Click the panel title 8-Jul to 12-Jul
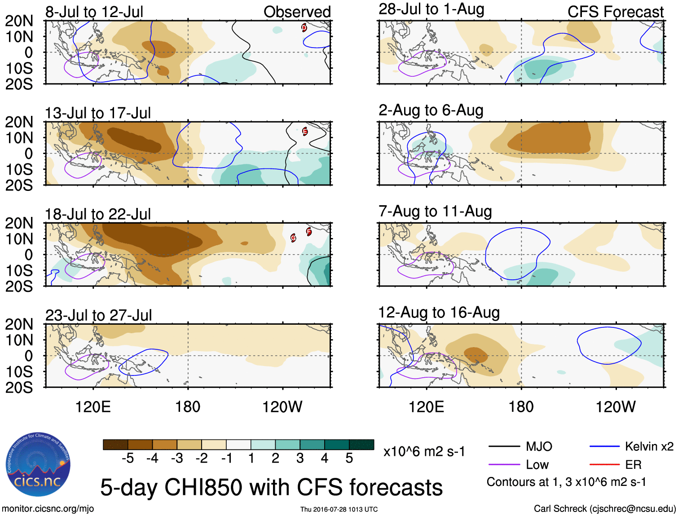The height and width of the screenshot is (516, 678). tap(94, 12)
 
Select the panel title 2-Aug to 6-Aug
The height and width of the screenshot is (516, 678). tap(431, 110)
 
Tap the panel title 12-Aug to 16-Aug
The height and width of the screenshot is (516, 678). tap(439, 313)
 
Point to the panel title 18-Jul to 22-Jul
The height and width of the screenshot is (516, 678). tap(98, 214)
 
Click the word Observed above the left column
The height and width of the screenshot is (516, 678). tap(297, 12)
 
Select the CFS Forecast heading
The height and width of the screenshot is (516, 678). tap(615, 12)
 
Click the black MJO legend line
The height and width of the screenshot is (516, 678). tap(504, 446)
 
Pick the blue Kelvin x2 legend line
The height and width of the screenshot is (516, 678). tap(604, 446)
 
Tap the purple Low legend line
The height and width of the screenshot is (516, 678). tap(504, 465)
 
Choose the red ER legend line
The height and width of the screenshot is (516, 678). tap(604, 465)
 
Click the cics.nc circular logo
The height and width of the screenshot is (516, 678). tap(38, 465)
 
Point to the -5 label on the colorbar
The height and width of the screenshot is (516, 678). tap(128, 458)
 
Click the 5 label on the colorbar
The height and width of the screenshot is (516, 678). tap(349, 458)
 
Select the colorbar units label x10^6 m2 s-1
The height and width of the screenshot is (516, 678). tap(424, 451)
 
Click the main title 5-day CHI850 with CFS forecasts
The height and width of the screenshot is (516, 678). tap(271, 487)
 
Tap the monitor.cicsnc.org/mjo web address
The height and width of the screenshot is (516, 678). tap(48, 509)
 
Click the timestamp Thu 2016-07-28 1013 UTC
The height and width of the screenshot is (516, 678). tap(339, 509)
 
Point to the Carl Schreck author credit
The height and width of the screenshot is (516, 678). tap(604, 509)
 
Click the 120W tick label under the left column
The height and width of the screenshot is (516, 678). tap(282, 407)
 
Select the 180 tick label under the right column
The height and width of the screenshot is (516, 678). tap(521, 407)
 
